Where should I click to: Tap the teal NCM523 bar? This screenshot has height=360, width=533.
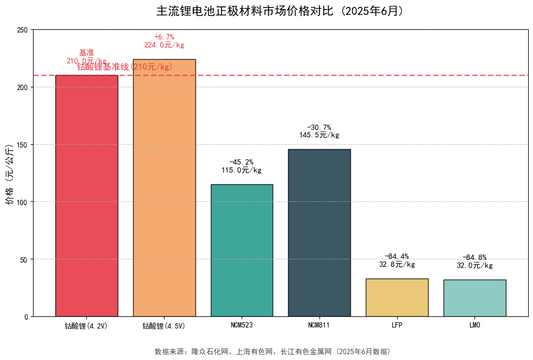point(242,250)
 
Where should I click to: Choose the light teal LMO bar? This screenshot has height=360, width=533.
point(474,298)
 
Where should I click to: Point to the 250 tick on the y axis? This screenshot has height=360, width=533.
point(23,30)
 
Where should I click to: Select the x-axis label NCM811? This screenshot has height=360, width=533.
point(319,325)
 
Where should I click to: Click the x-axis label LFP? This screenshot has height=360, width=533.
point(397,325)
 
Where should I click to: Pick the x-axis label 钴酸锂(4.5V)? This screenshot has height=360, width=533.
point(164,325)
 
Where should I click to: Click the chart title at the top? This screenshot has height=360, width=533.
point(280,11)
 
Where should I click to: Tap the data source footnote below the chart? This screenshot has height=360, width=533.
point(272,351)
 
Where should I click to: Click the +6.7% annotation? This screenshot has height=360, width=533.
point(164,37)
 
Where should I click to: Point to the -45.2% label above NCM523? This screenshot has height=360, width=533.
point(241,162)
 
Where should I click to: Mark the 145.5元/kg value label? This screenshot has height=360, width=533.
point(319,135)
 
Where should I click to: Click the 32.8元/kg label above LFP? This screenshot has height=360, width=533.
point(397,264)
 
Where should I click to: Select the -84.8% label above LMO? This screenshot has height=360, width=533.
point(474,258)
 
